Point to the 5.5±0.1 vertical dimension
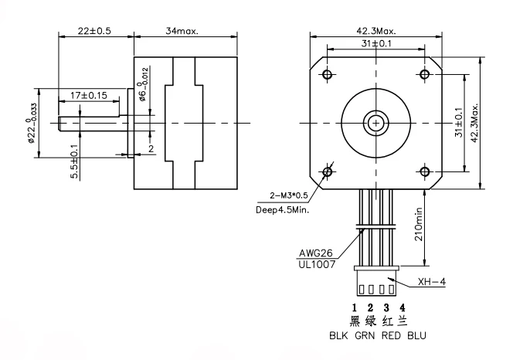click(74, 161)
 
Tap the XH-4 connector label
click(431, 283)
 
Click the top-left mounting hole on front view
click(328, 75)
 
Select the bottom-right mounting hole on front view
click(424, 171)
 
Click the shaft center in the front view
click(375, 123)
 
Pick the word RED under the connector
click(391, 336)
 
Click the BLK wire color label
click(338, 336)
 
